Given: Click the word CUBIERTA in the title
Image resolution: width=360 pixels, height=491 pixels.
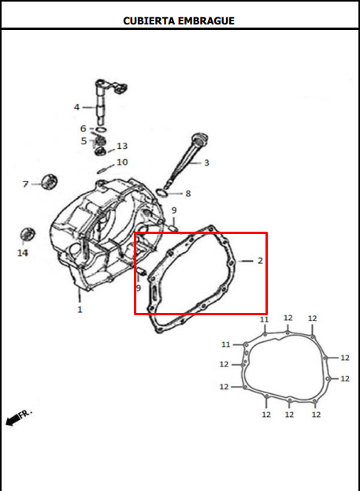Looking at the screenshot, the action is (150, 20).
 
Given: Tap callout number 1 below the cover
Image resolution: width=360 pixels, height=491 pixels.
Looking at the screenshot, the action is (80, 310).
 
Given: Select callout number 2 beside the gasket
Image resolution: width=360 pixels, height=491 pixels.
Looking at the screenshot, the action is (260, 260).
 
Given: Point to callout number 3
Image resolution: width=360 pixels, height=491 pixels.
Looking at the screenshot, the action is (206, 163).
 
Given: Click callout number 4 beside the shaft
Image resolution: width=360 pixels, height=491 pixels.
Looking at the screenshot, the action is (77, 107).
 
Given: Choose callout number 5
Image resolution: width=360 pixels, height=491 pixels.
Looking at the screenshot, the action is (84, 141).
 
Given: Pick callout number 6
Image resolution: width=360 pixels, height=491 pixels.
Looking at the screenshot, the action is (84, 128).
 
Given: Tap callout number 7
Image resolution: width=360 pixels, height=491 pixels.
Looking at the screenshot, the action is (25, 184).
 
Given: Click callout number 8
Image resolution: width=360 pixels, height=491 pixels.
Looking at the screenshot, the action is (187, 193).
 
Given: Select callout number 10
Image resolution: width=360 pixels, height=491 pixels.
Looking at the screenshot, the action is (122, 162).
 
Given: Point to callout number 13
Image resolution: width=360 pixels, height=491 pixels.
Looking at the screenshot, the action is (122, 147).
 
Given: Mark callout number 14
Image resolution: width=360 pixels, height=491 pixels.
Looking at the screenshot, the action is (23, 253).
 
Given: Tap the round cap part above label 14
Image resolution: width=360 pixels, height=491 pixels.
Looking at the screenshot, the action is (28, 234).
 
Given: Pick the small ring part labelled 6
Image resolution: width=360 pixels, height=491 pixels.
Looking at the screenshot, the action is (99, 129).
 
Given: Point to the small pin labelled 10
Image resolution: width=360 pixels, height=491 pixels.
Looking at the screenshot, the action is (103, 168).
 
